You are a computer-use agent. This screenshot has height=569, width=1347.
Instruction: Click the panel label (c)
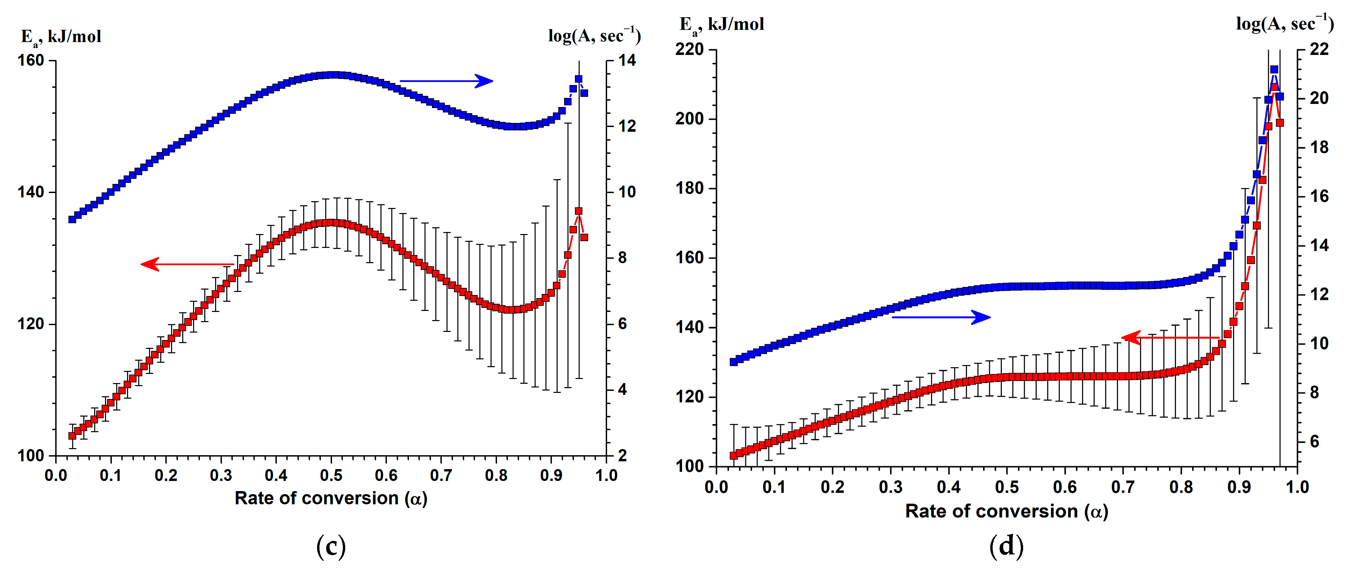[x=331, y=547]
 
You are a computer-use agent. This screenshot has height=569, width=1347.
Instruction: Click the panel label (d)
[x=1007, y=547]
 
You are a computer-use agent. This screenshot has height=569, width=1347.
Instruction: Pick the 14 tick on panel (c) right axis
[x=627, y=61]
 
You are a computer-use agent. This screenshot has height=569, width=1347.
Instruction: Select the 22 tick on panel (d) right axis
[x=1319, y=50]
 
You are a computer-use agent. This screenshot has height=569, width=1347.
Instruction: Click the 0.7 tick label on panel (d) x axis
[x=1123, y=487]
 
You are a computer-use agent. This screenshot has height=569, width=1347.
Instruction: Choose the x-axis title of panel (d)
[x=1007, y=511]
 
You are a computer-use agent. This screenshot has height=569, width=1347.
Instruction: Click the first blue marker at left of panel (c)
[x=72, y=219]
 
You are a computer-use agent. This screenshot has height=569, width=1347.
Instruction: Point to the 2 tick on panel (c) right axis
[x=622, y=456]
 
